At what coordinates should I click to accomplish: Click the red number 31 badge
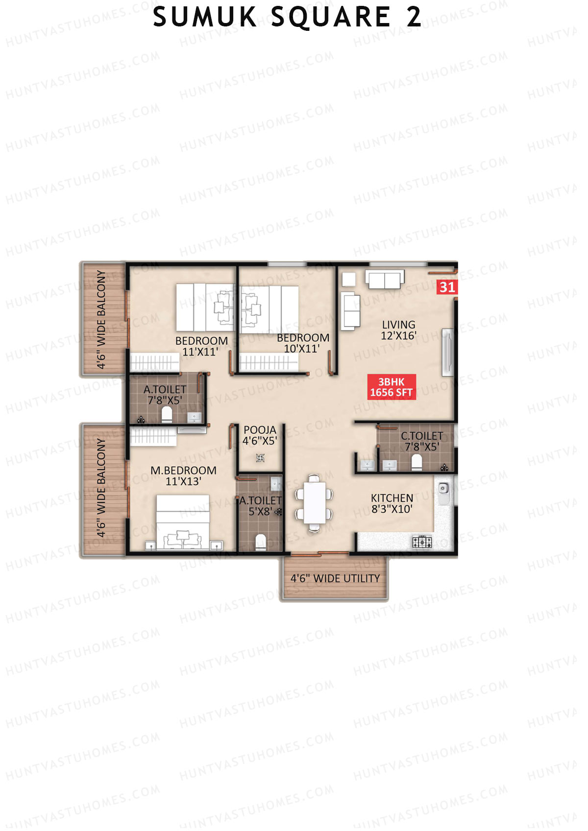click(447, 287)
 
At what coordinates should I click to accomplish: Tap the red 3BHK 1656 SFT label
click(392, 387)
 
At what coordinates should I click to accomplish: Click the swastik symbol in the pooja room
click(260, 458)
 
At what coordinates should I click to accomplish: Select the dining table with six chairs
click(314, 503)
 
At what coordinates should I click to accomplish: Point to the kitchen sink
click(443, 489)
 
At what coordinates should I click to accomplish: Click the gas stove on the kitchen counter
click(422, 542)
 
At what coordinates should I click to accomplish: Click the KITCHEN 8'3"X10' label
click(392, 503)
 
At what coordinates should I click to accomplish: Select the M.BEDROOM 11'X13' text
click(183, 476)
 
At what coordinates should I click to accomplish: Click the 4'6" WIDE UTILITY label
click(335, 578)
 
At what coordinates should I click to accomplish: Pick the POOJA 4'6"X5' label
click(260, 435)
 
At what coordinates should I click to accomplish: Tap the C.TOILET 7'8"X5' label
click(421, 441)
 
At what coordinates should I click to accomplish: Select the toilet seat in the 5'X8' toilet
click(261, 542)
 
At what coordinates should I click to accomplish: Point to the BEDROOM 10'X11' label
click(302, 343)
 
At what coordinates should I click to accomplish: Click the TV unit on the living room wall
click(447, 353)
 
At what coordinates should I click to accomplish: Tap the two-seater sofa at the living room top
click(385, 280)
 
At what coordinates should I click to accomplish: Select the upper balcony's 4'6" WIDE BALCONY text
click(101, 319)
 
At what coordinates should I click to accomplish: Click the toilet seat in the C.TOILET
click(416, 462)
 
